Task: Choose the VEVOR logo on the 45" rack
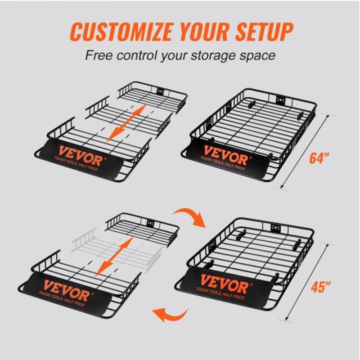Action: (224, 284)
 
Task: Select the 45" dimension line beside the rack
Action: (306, 281)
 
